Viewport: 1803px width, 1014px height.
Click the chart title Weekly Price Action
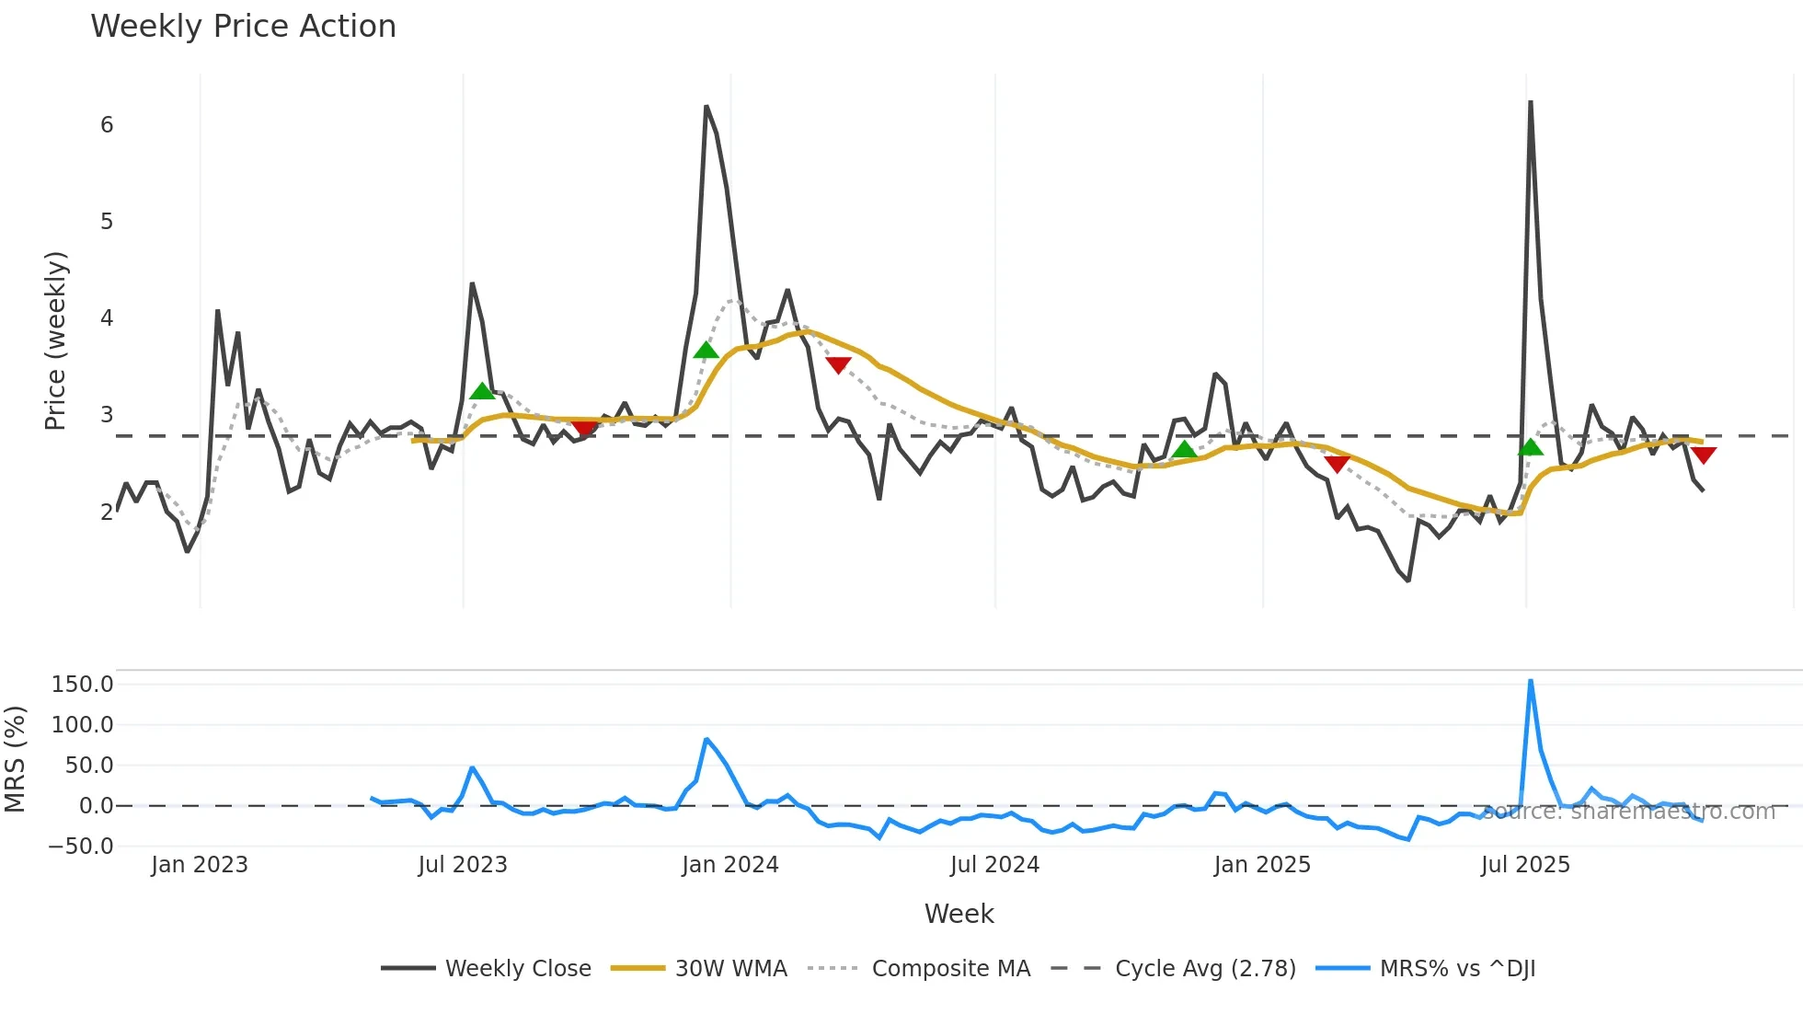tap(243, 27)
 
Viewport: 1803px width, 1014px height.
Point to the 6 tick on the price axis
tap(107, 125)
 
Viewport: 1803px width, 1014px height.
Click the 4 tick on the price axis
tap(107, 318)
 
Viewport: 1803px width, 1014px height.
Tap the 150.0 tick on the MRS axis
tap(83, 685)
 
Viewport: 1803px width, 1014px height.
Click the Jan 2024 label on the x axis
tap(730, 865)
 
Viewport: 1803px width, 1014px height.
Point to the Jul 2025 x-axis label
tap(1525, 865)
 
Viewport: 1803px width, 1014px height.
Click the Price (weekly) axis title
tap(55, 340)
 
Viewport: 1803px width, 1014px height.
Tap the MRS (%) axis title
tap(15, 759)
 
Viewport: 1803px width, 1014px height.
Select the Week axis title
tap(959, 914)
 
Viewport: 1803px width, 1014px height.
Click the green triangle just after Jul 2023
tap(482, 392)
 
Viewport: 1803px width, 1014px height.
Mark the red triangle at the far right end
tap(1703, 455)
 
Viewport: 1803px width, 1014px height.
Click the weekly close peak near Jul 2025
tap(1530, 102)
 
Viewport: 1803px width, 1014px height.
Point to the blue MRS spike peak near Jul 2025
tap(1530, 681)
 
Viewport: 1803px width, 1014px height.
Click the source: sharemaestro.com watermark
tap(1628, 812)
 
